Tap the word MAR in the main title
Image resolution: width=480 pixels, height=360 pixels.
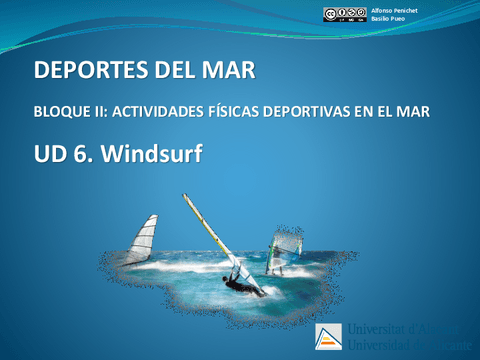230,70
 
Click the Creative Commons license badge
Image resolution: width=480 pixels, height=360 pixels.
343,14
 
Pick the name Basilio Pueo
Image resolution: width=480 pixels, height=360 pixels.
387,20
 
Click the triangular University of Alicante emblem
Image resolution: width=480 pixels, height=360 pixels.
328,336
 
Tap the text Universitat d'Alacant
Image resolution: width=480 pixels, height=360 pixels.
404,329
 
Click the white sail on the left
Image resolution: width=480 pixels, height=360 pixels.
144,241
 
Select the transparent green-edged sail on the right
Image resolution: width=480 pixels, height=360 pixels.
286,247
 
